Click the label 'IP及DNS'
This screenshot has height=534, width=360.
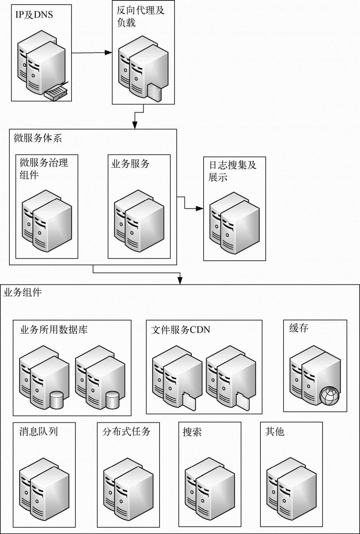(34, 15)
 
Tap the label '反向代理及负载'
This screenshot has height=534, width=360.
(140, 17)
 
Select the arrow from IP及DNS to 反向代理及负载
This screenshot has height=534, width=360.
(92, 53)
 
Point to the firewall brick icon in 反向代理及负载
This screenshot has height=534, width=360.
(155, 92)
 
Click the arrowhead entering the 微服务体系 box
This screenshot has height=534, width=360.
(135, 125)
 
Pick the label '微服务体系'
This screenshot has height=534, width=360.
(38, 138)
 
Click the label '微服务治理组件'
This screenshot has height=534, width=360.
(44, 169)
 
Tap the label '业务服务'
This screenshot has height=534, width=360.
(130, 164)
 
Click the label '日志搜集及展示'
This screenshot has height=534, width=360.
(232, 171)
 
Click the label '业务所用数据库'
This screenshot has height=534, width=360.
(54, 330)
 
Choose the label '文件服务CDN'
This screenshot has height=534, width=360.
(180, 330)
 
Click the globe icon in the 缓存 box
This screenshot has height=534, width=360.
(330, 396)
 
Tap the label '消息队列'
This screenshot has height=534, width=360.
(38, 432)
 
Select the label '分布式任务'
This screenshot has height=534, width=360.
(126, 432)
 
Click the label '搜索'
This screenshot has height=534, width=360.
(192, 432)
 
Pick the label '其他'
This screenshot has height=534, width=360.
(274, 432)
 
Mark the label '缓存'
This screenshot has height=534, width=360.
(298, 328)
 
